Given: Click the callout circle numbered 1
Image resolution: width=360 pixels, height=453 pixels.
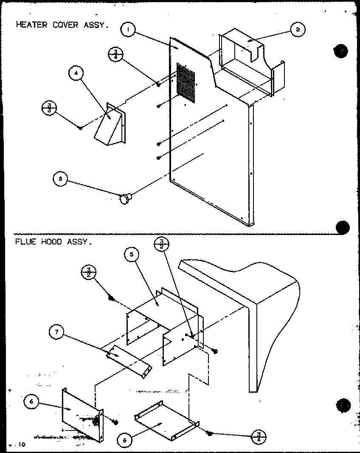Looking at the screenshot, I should coord(128,30).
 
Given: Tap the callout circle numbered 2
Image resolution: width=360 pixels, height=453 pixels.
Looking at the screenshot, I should coord(298,29).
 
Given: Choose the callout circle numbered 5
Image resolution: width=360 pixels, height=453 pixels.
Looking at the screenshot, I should coord(132,255).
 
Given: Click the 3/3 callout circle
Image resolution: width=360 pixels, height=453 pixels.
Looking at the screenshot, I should coord(49,107).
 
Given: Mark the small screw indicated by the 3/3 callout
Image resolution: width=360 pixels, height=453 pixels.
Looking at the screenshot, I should coord(80,127).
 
